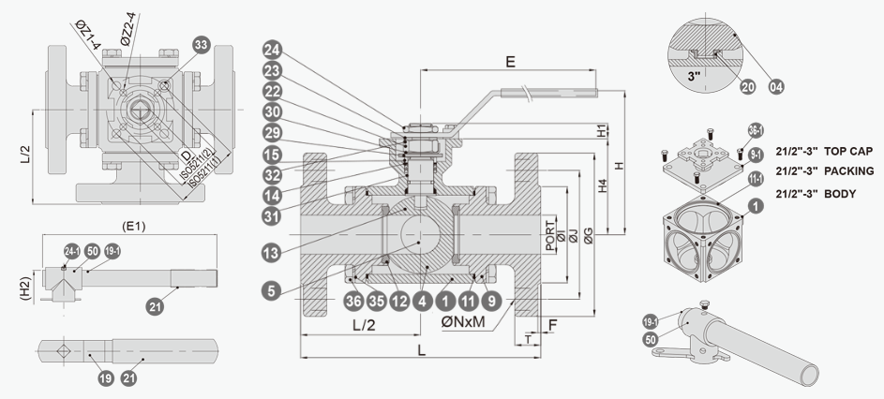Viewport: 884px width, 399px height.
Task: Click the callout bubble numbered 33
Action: point(199,45)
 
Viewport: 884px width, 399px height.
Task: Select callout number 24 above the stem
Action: point(272,49)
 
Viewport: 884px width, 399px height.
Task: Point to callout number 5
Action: point(272,292)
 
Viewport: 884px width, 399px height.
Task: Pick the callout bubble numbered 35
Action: point(376,302)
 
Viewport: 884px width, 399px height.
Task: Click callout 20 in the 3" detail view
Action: point(747,86)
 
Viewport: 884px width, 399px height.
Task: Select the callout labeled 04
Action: point(775,86)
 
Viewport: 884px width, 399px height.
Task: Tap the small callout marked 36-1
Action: point(755,129)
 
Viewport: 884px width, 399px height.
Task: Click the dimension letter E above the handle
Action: point(510,63)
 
